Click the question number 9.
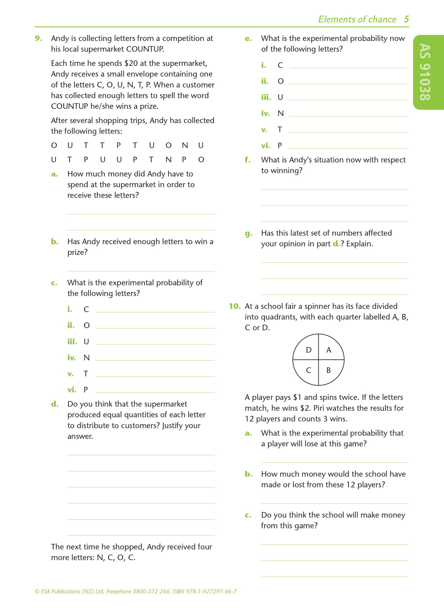(x=38, y=38)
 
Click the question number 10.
(x=234, y=306)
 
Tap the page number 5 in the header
(x=406, y=19)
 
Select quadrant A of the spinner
(x=330, y=347)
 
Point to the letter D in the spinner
(x=309, y=350)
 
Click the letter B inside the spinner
(x=328, y=370)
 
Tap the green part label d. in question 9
(x=55, y=404)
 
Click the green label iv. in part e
(x=265, y=113)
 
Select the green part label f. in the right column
(x=248, y=160)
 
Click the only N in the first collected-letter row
(x=185, y=145)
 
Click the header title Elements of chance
(x=357, y=19)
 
